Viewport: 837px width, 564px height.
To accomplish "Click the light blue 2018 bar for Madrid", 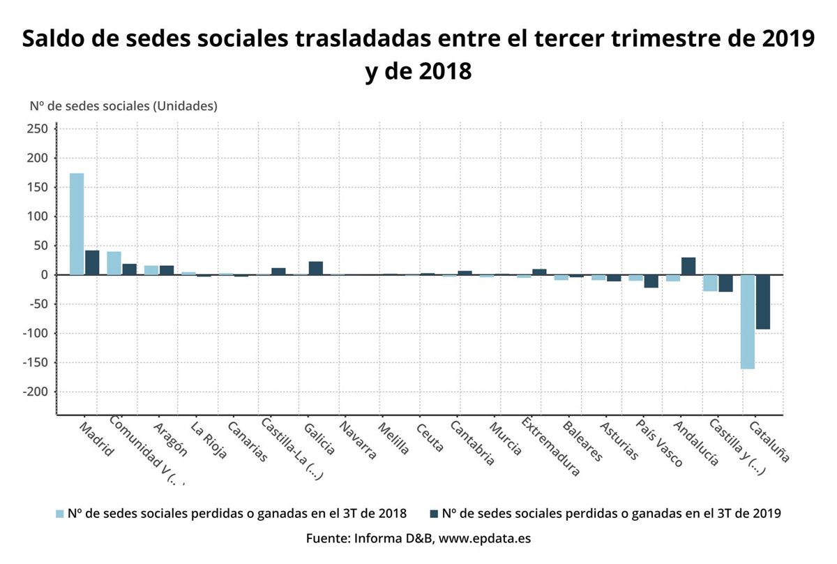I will point(77,223).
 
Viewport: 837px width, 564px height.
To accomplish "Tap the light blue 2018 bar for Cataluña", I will point(748,322).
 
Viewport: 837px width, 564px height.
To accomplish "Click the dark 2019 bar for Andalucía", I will point(688,266).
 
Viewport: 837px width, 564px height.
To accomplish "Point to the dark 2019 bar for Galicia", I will point(315,268).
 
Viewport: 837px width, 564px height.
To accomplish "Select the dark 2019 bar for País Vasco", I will point(651,281).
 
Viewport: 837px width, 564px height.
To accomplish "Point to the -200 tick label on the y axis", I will point(35,392).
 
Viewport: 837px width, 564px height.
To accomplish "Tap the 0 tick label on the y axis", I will point(44,275).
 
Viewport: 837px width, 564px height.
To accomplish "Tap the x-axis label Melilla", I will point(394,438).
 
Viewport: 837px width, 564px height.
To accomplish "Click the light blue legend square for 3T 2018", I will point(60,514).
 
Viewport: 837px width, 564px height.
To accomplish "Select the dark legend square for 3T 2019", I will point(434,514).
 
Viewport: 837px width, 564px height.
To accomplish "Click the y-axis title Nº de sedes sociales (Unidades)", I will point(123,106).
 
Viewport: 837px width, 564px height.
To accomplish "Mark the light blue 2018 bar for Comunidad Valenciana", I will point(114,263).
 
